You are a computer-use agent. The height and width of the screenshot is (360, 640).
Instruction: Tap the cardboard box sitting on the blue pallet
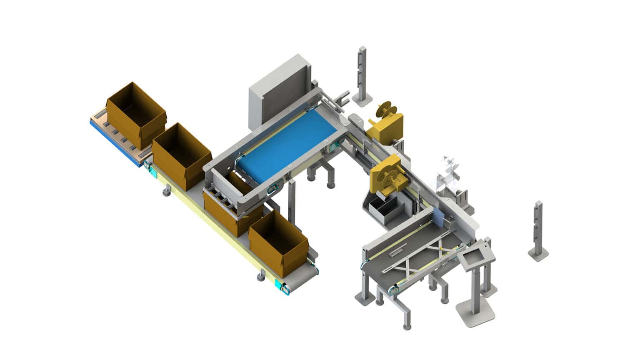coord(135,112)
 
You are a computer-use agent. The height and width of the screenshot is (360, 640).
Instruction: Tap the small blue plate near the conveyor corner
coord(439,217)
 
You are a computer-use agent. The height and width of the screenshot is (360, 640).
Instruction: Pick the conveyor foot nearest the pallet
coord(167,192)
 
